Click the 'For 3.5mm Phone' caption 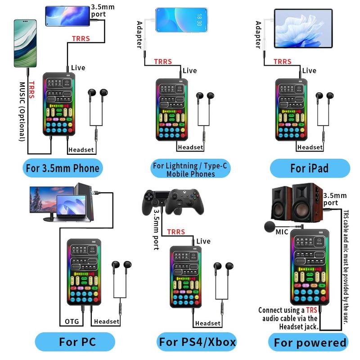point(63,169)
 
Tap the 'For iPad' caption point(310,169)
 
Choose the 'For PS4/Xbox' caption point(197,342)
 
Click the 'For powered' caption point(310,342)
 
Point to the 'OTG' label point(71,321)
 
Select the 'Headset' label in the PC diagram point(107,321)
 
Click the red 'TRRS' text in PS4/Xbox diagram point(176,232)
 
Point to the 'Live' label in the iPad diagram point(309,71)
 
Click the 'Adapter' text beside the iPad point(258,35)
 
